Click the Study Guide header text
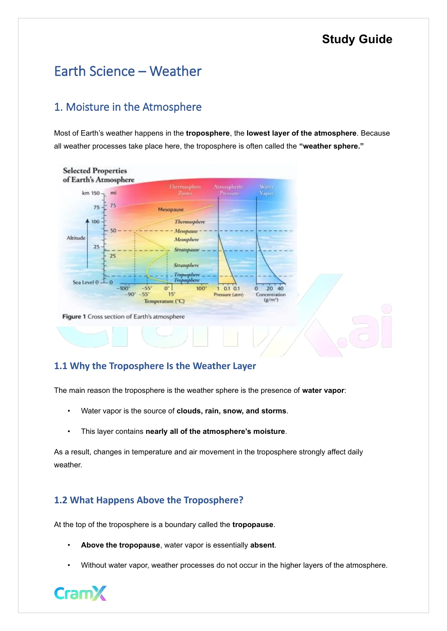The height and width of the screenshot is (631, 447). tap(357, 39)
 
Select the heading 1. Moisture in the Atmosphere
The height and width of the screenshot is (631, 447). tap(128, 107)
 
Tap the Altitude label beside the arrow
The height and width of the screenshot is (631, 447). tap(76, 238)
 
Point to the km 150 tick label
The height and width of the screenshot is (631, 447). tap(91, 193)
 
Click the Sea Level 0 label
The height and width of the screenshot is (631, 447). tap(85, 282)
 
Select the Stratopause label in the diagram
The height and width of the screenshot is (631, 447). tap(186, 250)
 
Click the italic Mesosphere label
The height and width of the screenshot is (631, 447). tap(186, 240)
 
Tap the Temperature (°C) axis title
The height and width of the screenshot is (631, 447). tap(164, 301)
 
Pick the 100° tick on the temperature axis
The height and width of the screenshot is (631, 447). tap(201, 289)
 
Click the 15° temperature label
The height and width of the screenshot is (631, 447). tap(172, 294)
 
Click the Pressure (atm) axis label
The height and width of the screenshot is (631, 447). tap(228, 295)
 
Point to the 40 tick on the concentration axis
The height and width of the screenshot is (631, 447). tap(280, 289)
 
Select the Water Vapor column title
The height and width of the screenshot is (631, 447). tap(267, 190)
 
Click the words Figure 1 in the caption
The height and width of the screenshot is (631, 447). tap(74, 317)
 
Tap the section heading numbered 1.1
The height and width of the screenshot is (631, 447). tap(155, 366)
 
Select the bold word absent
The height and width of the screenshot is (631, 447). tap(262, 545)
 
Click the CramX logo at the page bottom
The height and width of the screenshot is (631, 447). tap(80, 593)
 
